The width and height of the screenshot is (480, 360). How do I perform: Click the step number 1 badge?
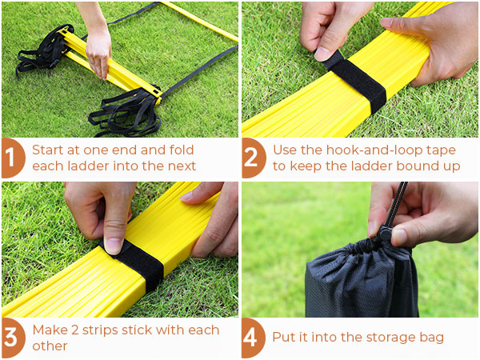(x=12, y=159)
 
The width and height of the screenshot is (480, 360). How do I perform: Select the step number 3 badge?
(x=12, y=338)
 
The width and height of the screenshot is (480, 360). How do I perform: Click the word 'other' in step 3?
(x=50, y=346)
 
